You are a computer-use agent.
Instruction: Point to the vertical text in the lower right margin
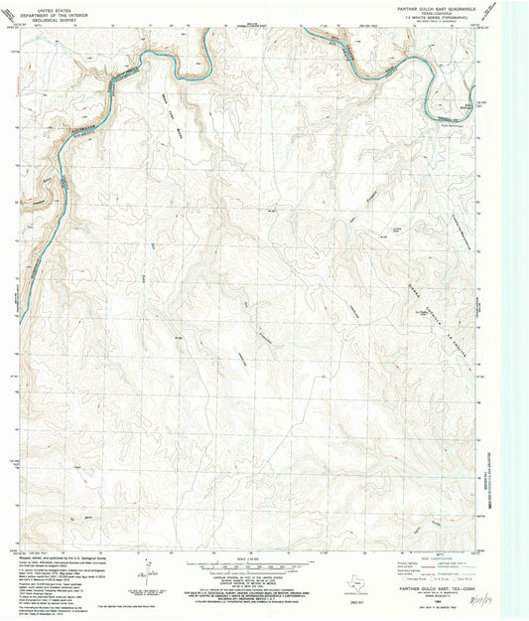(x=487, y=487)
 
